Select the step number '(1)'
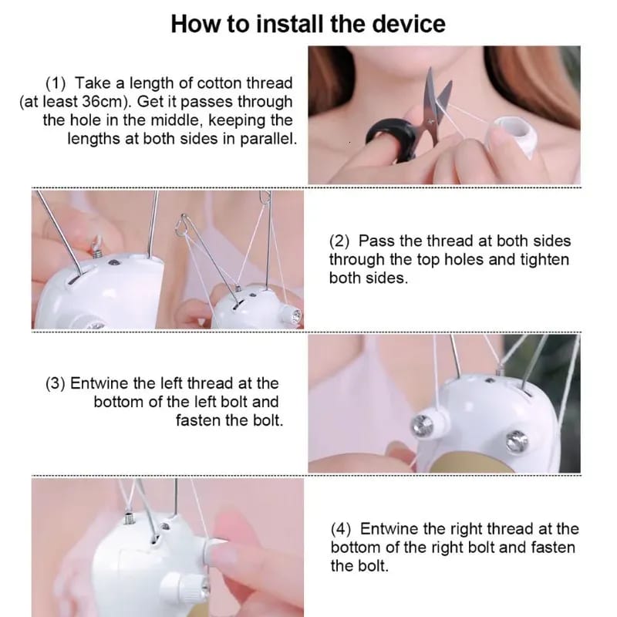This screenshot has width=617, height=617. [56, 83]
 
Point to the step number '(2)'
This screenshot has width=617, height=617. [339, 241]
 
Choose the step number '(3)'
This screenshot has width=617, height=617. [56, 383]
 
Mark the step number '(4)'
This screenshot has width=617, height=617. [340, 529]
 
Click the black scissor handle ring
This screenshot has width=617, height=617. [390, 138]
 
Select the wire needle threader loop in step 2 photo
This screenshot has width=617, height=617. [183, 226]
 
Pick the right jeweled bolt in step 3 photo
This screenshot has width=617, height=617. [517, 440]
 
